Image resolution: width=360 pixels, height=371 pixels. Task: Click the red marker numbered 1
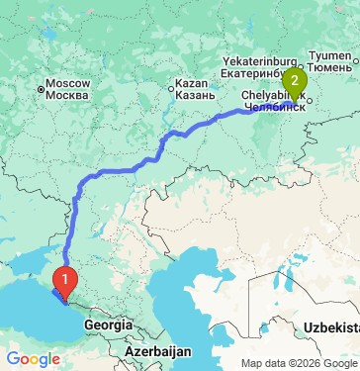(x=65, y=281)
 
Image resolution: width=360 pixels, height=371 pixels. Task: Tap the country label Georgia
(x=109, y=325)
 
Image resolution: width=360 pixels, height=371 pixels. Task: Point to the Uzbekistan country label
(x=331, y=325)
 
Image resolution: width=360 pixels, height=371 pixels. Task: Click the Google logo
(x=33, y=358)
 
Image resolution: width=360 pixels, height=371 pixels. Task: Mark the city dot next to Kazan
(x=172, y=89)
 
